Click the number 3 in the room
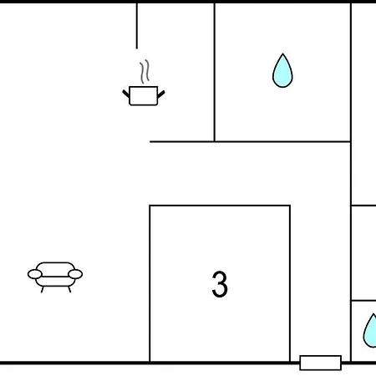220,284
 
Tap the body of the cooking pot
144,96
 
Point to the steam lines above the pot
145,72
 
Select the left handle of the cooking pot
126,94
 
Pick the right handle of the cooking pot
161,94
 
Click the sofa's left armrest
35,274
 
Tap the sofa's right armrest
75,274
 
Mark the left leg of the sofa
43,289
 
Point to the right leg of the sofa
69,289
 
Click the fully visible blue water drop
282,71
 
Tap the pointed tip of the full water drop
282,53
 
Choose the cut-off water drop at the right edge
370,331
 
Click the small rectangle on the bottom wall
321,363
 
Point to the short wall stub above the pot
137,26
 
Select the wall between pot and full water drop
215,73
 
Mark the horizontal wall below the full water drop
250,142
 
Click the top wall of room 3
220,206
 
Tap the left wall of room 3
150,283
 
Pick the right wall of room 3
290,283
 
